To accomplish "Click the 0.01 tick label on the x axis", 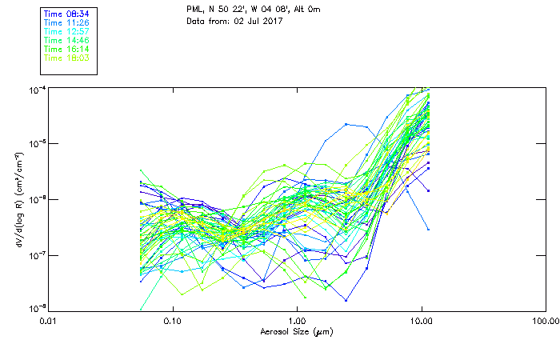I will click(x=48, y=320).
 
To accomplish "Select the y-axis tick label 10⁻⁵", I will click(x=37, y=143).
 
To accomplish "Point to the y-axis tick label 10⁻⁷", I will click(x=37, y=254).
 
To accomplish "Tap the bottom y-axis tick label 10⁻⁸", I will click(x=37, y=309).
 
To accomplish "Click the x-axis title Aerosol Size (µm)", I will click(x=296, y=331).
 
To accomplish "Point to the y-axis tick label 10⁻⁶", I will click(x=37, y=198).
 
